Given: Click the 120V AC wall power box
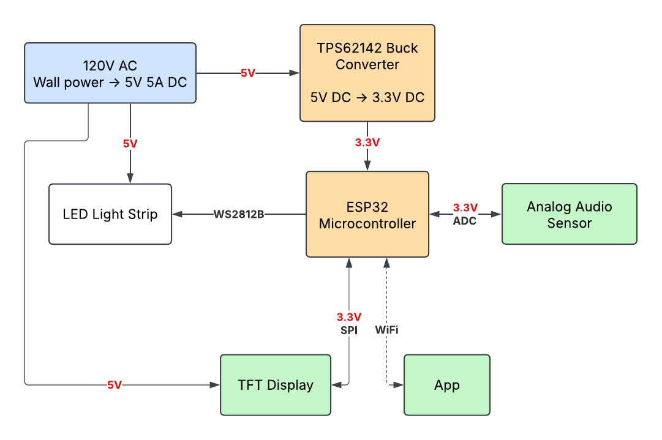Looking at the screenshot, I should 110,73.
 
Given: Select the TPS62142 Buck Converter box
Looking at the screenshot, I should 367,73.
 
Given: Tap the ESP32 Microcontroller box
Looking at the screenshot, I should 367,214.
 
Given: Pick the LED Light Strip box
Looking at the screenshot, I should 110,214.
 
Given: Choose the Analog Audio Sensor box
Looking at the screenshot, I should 570,214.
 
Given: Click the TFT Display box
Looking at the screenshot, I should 276,385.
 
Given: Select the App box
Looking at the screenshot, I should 447,385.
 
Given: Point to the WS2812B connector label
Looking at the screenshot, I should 239,214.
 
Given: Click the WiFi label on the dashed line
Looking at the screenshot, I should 386,330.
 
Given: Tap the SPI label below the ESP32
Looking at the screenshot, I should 348,330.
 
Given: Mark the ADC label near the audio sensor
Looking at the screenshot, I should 465,221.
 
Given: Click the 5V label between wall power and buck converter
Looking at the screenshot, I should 247,73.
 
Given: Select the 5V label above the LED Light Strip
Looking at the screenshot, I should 130,144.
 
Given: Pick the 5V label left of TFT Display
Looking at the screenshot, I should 115,385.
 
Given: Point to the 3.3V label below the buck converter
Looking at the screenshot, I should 367,143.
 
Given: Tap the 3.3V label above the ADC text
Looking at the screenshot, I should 465,207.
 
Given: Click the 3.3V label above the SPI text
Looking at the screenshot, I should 348,317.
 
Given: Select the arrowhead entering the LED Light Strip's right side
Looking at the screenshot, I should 177,214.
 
